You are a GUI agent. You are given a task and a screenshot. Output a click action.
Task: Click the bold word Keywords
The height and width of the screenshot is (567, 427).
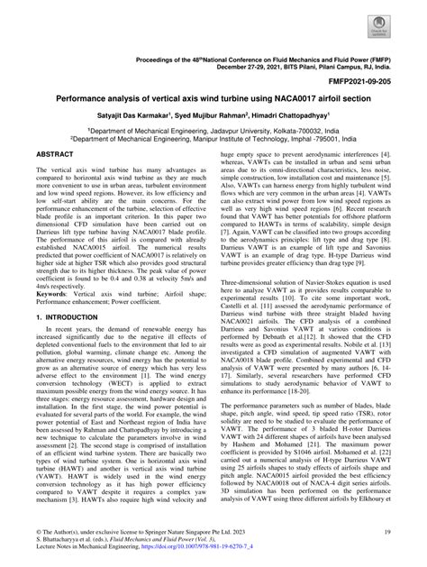click(53, 293)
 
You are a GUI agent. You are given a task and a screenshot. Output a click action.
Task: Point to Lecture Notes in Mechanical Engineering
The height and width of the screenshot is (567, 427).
click(93, 549)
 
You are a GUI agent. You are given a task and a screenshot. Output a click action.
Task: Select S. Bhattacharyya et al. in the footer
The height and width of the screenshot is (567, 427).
click(61, 542)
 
